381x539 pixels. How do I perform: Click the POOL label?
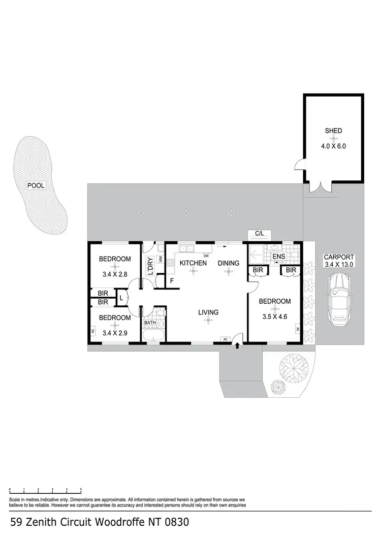coord(36,185)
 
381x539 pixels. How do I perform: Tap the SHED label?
coord(333,131)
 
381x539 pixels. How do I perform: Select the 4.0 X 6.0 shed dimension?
coord(333,145)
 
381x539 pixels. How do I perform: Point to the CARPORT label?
coord(339,257)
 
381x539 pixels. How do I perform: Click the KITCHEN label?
coord(193,263)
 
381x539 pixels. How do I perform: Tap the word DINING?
coord(229,263)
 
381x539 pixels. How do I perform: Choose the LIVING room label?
coord(208,312)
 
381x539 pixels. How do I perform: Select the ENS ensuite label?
coord(279,257)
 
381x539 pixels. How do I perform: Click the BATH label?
coord(150,323)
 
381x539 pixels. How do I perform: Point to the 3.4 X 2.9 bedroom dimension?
coord(115,333)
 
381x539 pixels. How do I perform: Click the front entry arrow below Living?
coord(237,345)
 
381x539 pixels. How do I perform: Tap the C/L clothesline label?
coord(260,234)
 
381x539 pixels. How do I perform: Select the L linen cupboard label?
coord(121,298)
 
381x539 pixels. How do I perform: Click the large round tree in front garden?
coord(294,366)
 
